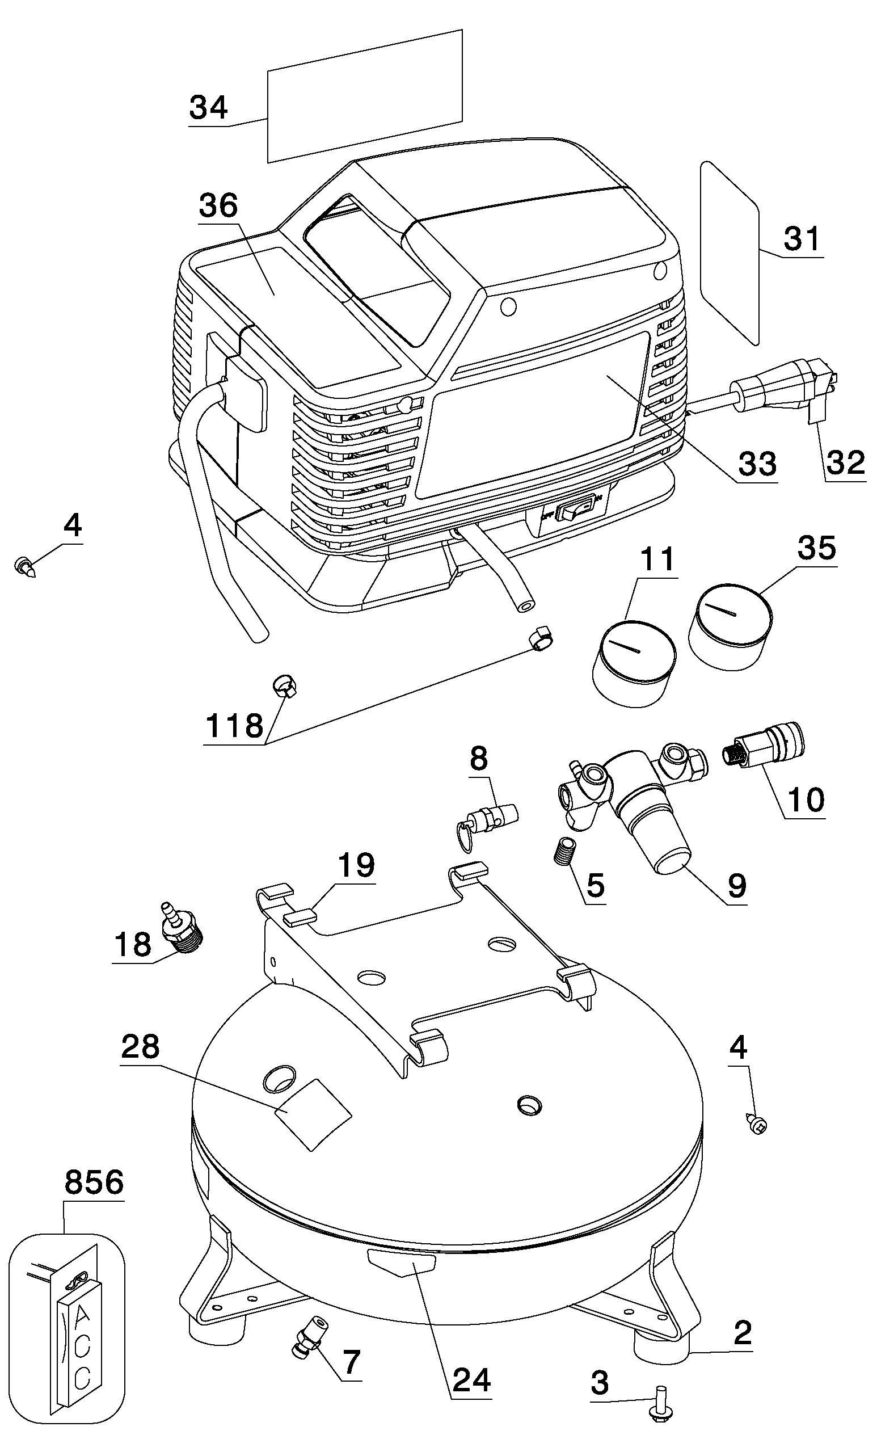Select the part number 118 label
[234, 726]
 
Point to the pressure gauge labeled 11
[634, 664]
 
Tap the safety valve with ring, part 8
[487, 818]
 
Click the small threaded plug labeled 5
[563, 854]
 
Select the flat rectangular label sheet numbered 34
[365, 96]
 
